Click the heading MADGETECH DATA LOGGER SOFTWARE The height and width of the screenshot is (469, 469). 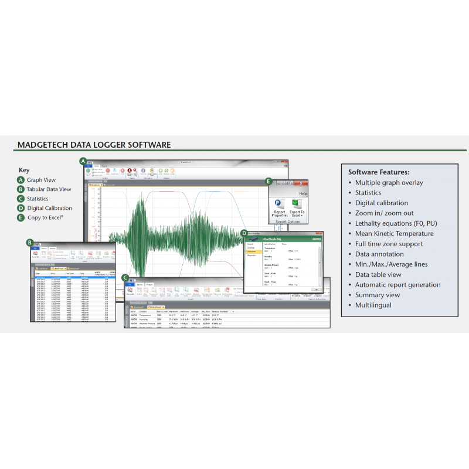(94, 144)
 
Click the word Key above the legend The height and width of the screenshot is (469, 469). (23, 170)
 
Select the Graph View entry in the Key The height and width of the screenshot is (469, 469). (41, 180)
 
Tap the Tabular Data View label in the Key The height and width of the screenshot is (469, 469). (49, 189)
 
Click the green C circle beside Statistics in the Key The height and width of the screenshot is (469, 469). (21, 199)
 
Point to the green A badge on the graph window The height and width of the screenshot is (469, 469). (83, 161)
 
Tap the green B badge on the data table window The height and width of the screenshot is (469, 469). (30, 242)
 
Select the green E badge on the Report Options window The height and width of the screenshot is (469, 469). (269, 182)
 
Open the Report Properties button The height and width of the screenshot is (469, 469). (280, 208)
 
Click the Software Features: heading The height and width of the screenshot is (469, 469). (379, 172)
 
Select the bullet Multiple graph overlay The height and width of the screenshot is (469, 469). (389, 182)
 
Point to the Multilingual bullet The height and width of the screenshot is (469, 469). (373, 305)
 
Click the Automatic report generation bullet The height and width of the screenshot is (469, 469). (397, 284)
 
